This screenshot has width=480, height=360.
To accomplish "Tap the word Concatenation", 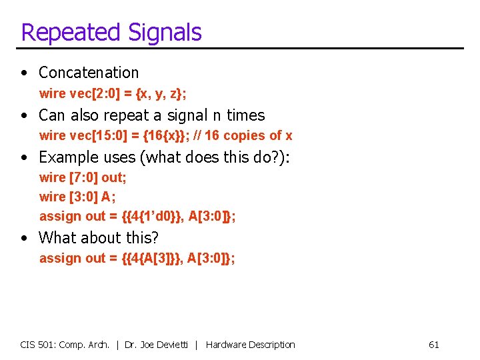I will (x=89, y=73).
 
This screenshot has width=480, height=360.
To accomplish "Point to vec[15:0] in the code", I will (x=99, y=135).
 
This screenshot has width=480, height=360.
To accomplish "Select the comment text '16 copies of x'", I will (x=249, y=135).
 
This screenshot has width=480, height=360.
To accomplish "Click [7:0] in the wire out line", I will (x=83, y=177).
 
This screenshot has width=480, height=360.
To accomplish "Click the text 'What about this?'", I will (x=99, y=238).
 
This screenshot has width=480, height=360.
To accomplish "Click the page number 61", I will (x=433, y=345).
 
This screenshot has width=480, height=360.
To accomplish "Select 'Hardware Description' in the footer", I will (x=250, y=345).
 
